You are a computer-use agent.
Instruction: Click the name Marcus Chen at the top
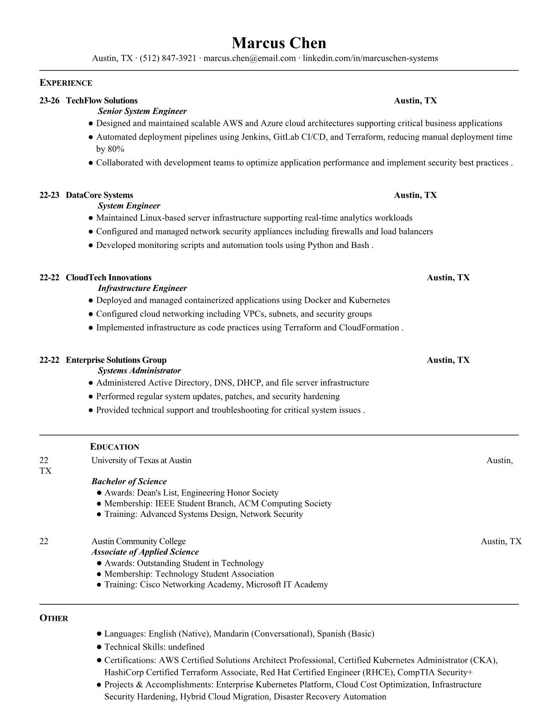[279, 43]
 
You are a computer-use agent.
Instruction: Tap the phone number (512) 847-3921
[168, 58]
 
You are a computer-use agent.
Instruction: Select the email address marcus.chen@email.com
[249, 58]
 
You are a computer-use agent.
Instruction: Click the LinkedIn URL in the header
[370, 58]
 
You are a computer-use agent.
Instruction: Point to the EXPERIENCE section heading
[66, 83]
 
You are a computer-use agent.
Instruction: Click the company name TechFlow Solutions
[102, 101]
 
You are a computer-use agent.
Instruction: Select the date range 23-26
[49, 101]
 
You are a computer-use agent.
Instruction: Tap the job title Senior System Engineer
[142, 111]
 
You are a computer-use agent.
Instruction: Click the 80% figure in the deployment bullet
[116, 149]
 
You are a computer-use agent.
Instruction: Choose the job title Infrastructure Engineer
[142, 288]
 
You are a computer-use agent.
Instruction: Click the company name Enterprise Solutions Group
[116, 360]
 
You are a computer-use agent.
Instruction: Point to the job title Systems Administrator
[139, 371]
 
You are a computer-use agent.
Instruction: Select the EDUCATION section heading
[114, 447]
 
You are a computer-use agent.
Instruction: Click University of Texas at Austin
[141, 460]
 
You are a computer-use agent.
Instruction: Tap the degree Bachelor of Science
[129, 481]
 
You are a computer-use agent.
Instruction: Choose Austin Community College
[139, 541]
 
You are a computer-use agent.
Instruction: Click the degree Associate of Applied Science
[145, 552]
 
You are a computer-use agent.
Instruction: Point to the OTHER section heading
[54, 619]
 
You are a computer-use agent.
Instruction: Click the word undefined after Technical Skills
[186, 647]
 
